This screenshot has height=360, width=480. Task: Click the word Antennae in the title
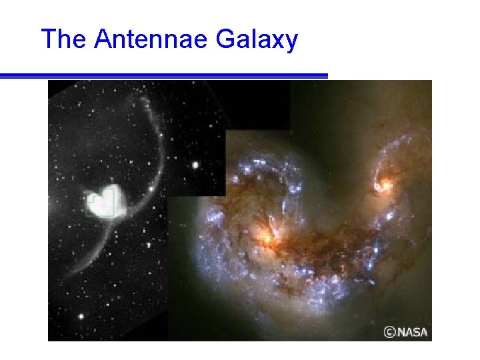[x=152, y=39]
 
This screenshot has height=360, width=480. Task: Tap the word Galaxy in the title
[x=257, y=41]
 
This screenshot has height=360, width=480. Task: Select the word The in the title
[x=64, y=39]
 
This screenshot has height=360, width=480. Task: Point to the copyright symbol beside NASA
[x=389, y=331]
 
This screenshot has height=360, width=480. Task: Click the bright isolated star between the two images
[x=195, y=165]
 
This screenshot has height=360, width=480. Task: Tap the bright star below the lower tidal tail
[x=81, y=316]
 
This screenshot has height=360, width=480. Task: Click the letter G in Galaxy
[x=225, y=40]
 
